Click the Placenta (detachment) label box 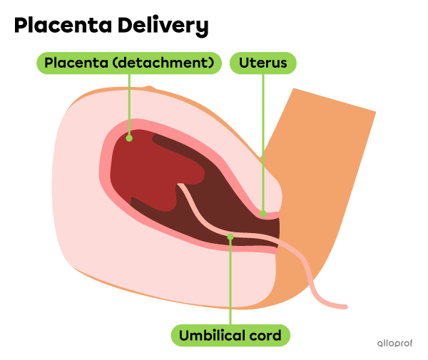pos(129,63)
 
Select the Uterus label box pos(263,63)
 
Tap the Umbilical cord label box pos(230,335)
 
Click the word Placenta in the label pos(76,63)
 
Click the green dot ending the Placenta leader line pos(129,138)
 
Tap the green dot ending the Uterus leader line pos(263,212)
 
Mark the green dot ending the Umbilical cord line pos(230,236)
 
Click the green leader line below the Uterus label pos(263,143)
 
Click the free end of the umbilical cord pos(345,307)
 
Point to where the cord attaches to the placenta pos(180,186)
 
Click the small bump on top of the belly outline pos(149,88)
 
